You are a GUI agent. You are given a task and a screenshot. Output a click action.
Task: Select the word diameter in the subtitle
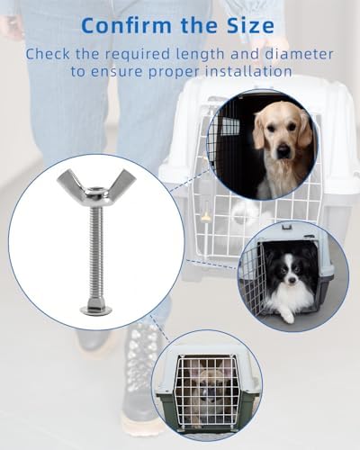(299, 54)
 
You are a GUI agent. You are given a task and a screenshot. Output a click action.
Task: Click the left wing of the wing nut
(70, 181)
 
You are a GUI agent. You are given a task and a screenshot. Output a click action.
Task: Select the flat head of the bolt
(96, 310)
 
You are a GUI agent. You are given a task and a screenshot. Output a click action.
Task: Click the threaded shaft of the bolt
(96, 254)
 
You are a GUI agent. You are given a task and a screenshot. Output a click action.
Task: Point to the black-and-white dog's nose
(291, 280)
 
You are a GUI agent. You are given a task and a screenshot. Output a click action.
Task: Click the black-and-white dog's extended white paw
(288, 318)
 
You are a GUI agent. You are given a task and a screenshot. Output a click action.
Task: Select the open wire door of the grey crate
(253, 282)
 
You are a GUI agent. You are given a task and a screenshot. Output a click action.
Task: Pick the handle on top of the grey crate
(285, 226)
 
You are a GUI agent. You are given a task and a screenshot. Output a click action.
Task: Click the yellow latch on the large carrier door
(205, 217)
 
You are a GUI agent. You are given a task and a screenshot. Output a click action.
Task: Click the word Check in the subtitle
(48, 54)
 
